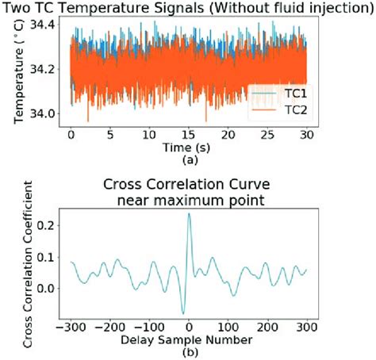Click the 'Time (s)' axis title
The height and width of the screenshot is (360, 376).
[188, 148]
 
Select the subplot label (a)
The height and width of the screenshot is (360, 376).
[188, 159]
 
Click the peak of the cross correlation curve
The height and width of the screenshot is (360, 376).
[189, 213]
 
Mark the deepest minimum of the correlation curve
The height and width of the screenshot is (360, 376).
[182, 313]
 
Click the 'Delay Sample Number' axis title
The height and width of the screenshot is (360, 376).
[188, 339]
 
